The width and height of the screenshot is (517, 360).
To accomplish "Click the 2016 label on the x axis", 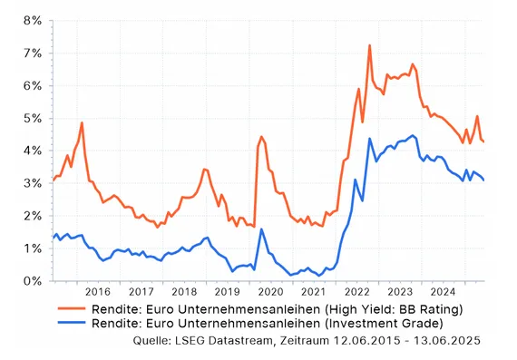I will pyautogui.click(x=97, y=292).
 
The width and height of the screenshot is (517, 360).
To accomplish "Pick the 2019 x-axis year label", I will pyautogui.click(x=227, y=292).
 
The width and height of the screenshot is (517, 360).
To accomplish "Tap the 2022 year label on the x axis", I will pyautogui.click(x=356, y=292).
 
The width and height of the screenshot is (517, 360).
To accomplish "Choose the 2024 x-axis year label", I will pyautogui.click(x=442, y=292).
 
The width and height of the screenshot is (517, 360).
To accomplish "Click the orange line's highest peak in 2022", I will pyautogui.click(x=370, y=45).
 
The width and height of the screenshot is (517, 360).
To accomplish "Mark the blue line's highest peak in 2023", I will pyautogui.click(x=413, y=136).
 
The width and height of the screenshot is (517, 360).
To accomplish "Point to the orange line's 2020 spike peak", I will pyautogui.click(x=261, y=137).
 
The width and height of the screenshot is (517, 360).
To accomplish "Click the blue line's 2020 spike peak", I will pyautogui.click(x=261, y=229).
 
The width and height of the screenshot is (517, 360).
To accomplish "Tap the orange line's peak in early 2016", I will pyautogui.click(x=82, y=122).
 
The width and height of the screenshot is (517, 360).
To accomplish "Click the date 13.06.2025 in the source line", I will pyautogui.click(x=444, y=340).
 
